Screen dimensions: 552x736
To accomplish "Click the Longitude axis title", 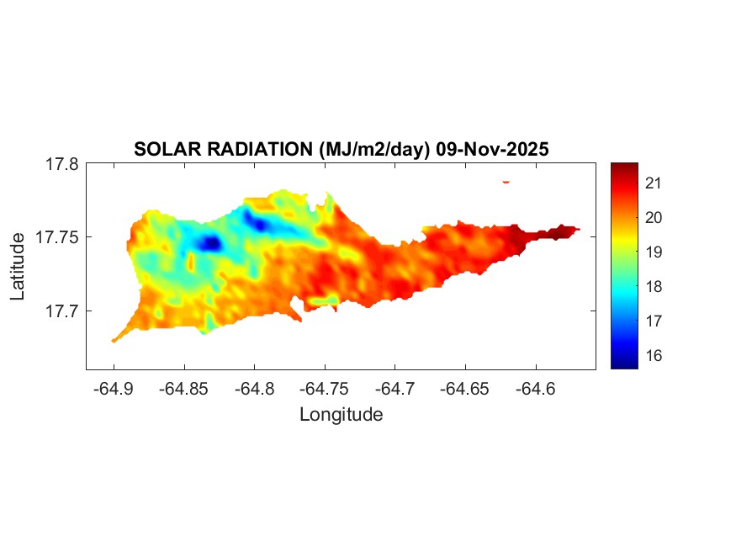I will click(341, 414).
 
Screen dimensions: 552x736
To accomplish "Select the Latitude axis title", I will click(18, 267).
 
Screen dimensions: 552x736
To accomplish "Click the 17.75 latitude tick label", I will click(58, 237).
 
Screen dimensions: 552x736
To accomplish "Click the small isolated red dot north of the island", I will click(506, 181).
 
